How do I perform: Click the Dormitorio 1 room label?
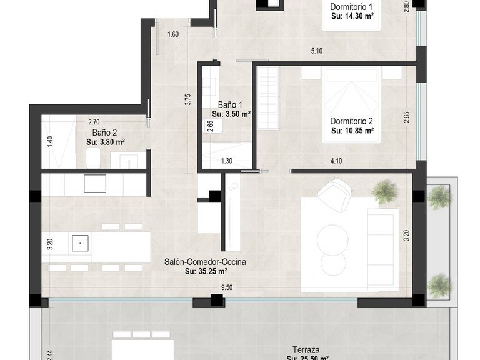coord(352,7)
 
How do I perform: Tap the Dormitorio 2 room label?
coord(352,121)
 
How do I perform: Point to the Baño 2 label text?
coord(105,132)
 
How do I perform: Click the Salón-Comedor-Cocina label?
coord(205,262)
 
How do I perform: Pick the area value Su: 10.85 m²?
coord(352,131)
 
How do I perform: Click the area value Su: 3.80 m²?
coord(105,142)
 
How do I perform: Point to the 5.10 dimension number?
coord(317,51)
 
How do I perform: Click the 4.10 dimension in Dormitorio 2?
coord(336,161)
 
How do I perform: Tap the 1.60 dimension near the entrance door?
coord(173,34)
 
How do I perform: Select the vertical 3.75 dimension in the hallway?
coord(188,101)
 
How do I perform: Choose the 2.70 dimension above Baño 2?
coord(94,122)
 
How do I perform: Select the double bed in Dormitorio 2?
coord(352,100)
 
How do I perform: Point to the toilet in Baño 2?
coord(93,157)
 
